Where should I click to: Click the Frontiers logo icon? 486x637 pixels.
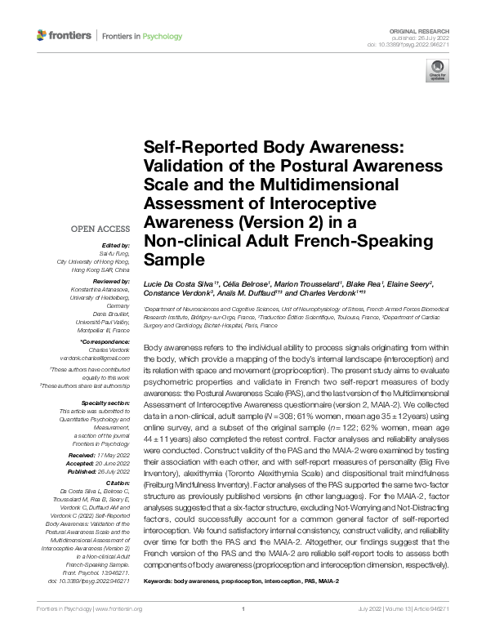(42, 35)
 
